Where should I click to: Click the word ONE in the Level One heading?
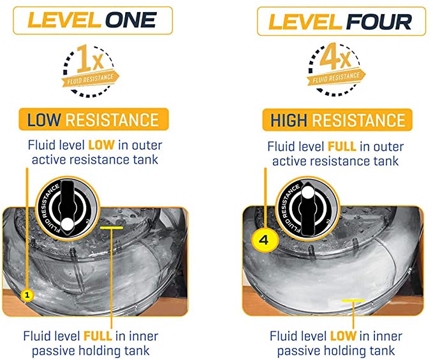(131, 20)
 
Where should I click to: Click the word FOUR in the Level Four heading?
(379, 22)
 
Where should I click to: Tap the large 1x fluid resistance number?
(90, 59)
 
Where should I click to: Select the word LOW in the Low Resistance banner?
(43, 120)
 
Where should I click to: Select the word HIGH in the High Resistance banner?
(289, 120)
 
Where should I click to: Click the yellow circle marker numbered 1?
(27, 296)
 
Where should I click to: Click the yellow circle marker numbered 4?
(264, 240)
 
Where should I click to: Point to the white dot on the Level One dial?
(67, 225)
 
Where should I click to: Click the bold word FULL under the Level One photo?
(98, 336)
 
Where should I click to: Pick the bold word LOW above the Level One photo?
(101, 145)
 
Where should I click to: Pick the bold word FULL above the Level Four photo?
(342, 147)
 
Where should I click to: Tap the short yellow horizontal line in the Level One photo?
(112, 228)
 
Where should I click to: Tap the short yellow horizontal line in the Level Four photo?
(353, 300)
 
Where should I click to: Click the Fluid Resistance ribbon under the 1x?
(91, 78)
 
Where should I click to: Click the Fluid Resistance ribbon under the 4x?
(336, 77)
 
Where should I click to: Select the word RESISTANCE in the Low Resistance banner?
(112, 120)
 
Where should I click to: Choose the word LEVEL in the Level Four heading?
(305, 22)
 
